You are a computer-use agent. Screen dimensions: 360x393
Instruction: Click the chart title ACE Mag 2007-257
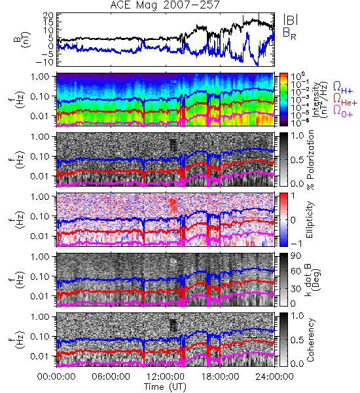165,5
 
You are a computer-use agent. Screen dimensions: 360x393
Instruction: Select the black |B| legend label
291,20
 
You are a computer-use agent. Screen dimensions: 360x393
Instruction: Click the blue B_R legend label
289,33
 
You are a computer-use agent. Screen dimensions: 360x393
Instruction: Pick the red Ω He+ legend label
345,100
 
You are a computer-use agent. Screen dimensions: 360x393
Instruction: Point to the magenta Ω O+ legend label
343,111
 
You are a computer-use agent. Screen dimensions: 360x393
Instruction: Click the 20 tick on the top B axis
48,16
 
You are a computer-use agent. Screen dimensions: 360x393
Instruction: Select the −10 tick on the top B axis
45,62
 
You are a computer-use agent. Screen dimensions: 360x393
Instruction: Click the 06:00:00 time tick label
111,377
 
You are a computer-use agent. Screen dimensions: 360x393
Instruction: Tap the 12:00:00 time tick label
166,377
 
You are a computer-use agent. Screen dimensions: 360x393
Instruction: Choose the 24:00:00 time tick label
274,377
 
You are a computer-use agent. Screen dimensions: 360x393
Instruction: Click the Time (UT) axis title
165,386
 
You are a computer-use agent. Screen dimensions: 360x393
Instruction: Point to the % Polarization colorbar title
311,160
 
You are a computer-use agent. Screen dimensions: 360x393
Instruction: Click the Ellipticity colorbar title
310,219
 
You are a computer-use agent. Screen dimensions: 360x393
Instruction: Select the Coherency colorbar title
310,340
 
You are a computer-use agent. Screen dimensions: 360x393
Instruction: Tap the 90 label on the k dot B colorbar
295,256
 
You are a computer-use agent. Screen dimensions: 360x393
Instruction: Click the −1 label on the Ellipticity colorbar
296,244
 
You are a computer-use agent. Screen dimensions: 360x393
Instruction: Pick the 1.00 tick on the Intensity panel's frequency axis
41,76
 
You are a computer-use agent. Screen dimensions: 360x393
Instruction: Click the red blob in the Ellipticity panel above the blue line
173,204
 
